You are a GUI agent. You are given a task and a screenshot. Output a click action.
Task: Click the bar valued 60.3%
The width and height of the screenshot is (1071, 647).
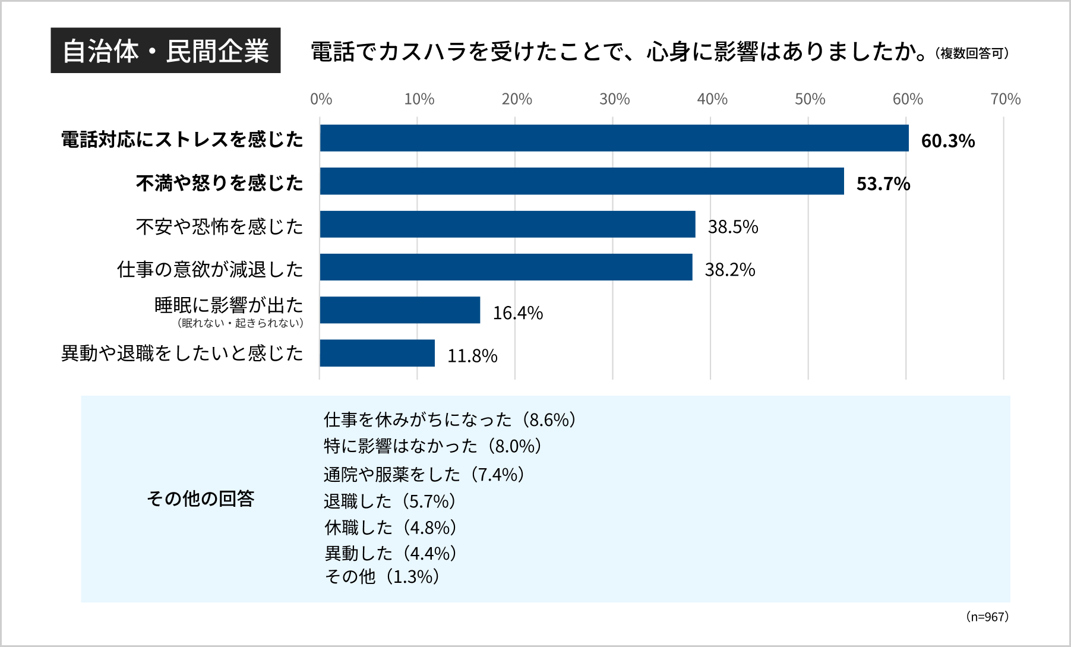[614, 138]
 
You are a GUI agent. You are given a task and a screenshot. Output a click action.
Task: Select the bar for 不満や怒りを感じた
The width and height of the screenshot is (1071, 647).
[582, 181]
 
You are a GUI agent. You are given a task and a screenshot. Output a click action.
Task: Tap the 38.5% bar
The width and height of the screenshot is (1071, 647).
[507, 224]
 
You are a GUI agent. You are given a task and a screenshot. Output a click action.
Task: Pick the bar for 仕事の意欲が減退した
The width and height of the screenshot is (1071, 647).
[506, 267]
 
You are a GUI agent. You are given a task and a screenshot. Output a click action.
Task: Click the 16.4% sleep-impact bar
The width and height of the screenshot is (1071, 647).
[400, 310]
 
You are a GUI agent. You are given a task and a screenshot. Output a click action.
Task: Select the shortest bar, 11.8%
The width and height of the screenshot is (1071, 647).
[377, 353]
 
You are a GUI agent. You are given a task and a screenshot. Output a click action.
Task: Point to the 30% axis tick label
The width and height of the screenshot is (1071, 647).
[614, 99]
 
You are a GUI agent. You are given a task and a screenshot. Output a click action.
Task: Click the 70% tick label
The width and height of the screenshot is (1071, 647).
[1005, 99]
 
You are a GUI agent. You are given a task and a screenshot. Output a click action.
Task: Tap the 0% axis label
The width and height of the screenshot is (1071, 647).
[321, 99]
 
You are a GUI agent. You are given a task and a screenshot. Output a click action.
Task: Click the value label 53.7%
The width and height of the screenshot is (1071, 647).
[883, 184]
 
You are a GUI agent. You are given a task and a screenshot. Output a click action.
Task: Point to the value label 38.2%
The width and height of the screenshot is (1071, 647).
[729, 270]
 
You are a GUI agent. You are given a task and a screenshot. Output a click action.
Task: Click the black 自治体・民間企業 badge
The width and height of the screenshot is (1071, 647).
[166, 51]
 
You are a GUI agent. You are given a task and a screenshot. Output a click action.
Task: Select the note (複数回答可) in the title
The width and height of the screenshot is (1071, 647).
[971, 53]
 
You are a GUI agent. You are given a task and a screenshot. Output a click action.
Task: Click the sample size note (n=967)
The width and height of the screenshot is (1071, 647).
[987, 617]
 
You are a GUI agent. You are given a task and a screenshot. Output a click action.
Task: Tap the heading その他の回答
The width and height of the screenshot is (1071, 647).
[200, 498]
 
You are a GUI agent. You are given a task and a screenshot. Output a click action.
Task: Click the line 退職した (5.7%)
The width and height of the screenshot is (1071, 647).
[390, 501]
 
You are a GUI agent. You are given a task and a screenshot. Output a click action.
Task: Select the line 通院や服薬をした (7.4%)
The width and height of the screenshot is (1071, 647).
[424, 475]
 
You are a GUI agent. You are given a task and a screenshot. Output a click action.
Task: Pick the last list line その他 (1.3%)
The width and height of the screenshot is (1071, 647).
[382, 576]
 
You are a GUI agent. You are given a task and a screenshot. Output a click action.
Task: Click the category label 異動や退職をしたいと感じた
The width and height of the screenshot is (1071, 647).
[182, 354]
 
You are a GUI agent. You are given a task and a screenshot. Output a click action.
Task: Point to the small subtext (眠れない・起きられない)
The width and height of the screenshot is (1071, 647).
[240, 323]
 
